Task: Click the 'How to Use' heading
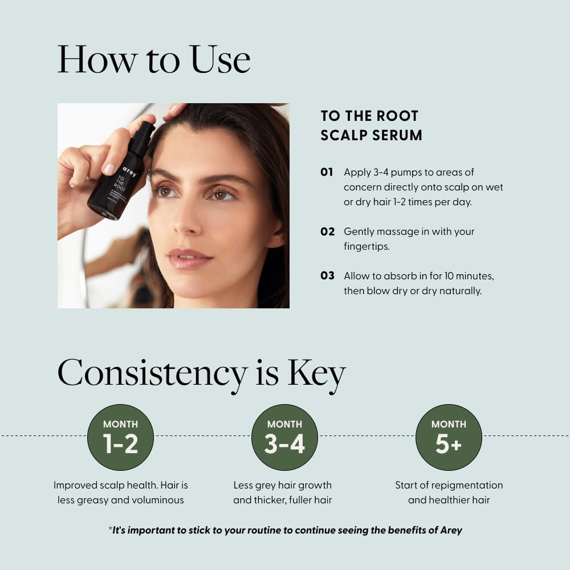coord(154,59)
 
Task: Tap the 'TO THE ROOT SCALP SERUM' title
coord(371,125)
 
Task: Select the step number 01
coord(327,172)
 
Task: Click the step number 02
coord(327,231)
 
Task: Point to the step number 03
coord(327,276)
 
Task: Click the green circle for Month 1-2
coord(120,437)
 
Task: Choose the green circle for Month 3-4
coord(284,437)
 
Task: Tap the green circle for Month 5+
coord(449,437)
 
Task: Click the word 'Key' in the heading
coord(316,374)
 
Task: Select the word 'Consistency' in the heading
coord(152,374)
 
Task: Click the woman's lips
coord(188,258)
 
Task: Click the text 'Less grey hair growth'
coord(282,486)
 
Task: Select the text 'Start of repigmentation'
coord(449,486)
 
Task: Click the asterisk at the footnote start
coord(110,530)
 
